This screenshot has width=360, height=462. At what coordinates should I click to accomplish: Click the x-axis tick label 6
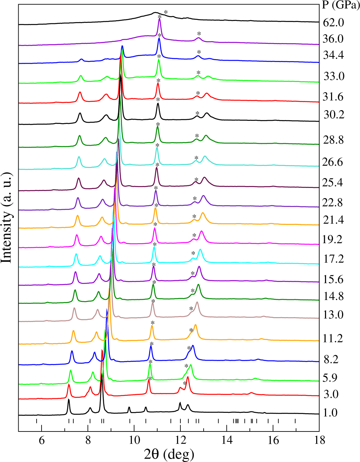[42, 439]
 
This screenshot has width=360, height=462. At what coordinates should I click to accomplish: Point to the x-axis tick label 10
[134, 439]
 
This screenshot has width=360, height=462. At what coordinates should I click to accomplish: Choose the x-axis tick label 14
[227, 439]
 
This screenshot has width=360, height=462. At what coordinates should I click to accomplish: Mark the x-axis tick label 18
[319, 439]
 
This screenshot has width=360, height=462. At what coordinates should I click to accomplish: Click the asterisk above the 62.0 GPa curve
[166, 12]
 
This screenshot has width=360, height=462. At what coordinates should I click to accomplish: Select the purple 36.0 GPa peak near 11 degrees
[160, 20]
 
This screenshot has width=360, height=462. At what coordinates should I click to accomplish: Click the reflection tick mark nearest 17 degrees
[295, 421]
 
